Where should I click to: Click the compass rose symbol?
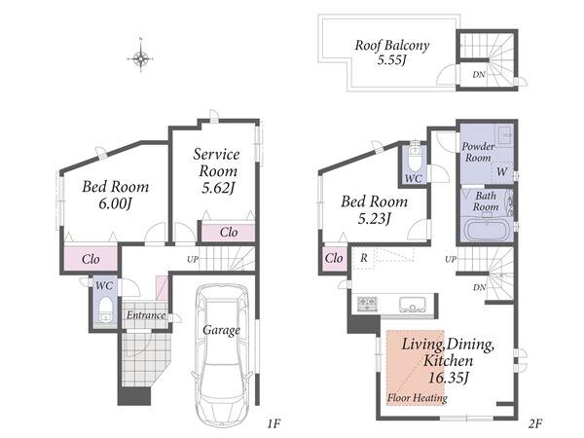tap(141, 58)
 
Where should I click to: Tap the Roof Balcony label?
tap(392, 46)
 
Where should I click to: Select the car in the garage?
tap(221, 355)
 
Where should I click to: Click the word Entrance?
tap(146, 315)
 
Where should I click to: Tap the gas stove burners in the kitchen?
tap(368, 304)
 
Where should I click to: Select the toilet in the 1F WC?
tap(106, 309)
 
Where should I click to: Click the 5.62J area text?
tap(218, 188)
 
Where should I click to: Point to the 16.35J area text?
tap(448, 378)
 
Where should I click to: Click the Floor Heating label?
tap(418, 398)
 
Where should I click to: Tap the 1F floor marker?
tap(274, 423)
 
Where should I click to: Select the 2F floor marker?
tap(535, 423)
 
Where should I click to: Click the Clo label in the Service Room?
tap(229, 233)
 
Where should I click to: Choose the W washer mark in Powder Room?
tap(501, 171)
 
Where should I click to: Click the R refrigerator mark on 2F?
tap(364, 258)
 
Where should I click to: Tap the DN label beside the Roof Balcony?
tap(479, 75)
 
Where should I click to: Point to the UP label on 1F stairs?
tap(193, 259)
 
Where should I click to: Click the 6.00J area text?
tap(116, 203)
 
